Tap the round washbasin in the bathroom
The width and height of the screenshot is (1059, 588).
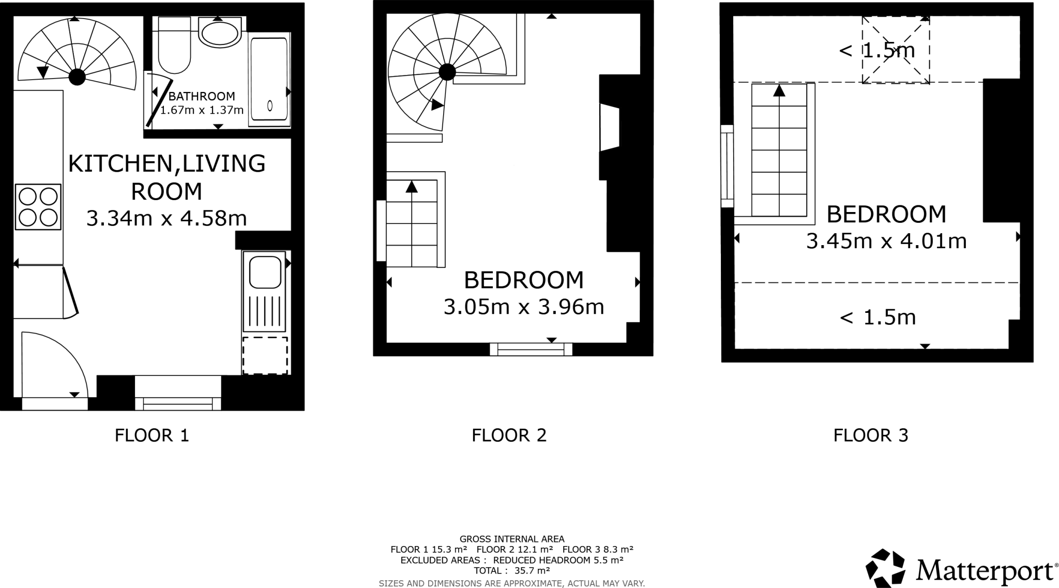[x=220, y=32]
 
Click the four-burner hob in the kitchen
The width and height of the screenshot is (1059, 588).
[x=38, y=207]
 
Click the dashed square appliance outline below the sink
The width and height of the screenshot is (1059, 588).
[x=265, y=356]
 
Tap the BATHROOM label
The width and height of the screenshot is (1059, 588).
[x=202, y=96]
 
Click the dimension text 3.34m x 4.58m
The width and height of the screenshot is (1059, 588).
[x=167, y=218]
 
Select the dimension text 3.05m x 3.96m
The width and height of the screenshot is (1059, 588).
[x=524, y=307]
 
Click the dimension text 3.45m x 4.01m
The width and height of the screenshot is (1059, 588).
[x=886, y=241]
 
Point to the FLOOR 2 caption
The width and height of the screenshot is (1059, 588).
[x=509, y=435]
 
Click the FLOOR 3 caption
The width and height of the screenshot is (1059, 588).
[x=871, y=435]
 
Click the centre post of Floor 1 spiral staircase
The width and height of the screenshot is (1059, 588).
[x=78, y=78]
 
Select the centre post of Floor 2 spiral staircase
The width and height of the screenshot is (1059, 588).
[x=447, y=72]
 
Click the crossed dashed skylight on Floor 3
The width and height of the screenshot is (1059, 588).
[x=896, y=50]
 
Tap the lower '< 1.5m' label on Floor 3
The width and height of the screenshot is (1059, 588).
[x=878, y=317]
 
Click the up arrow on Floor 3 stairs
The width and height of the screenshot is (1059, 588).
[x=779, y=91]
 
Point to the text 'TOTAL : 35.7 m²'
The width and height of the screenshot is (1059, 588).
[x=511, y=571]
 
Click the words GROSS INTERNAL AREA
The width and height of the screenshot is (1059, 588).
[x=512, y=539]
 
